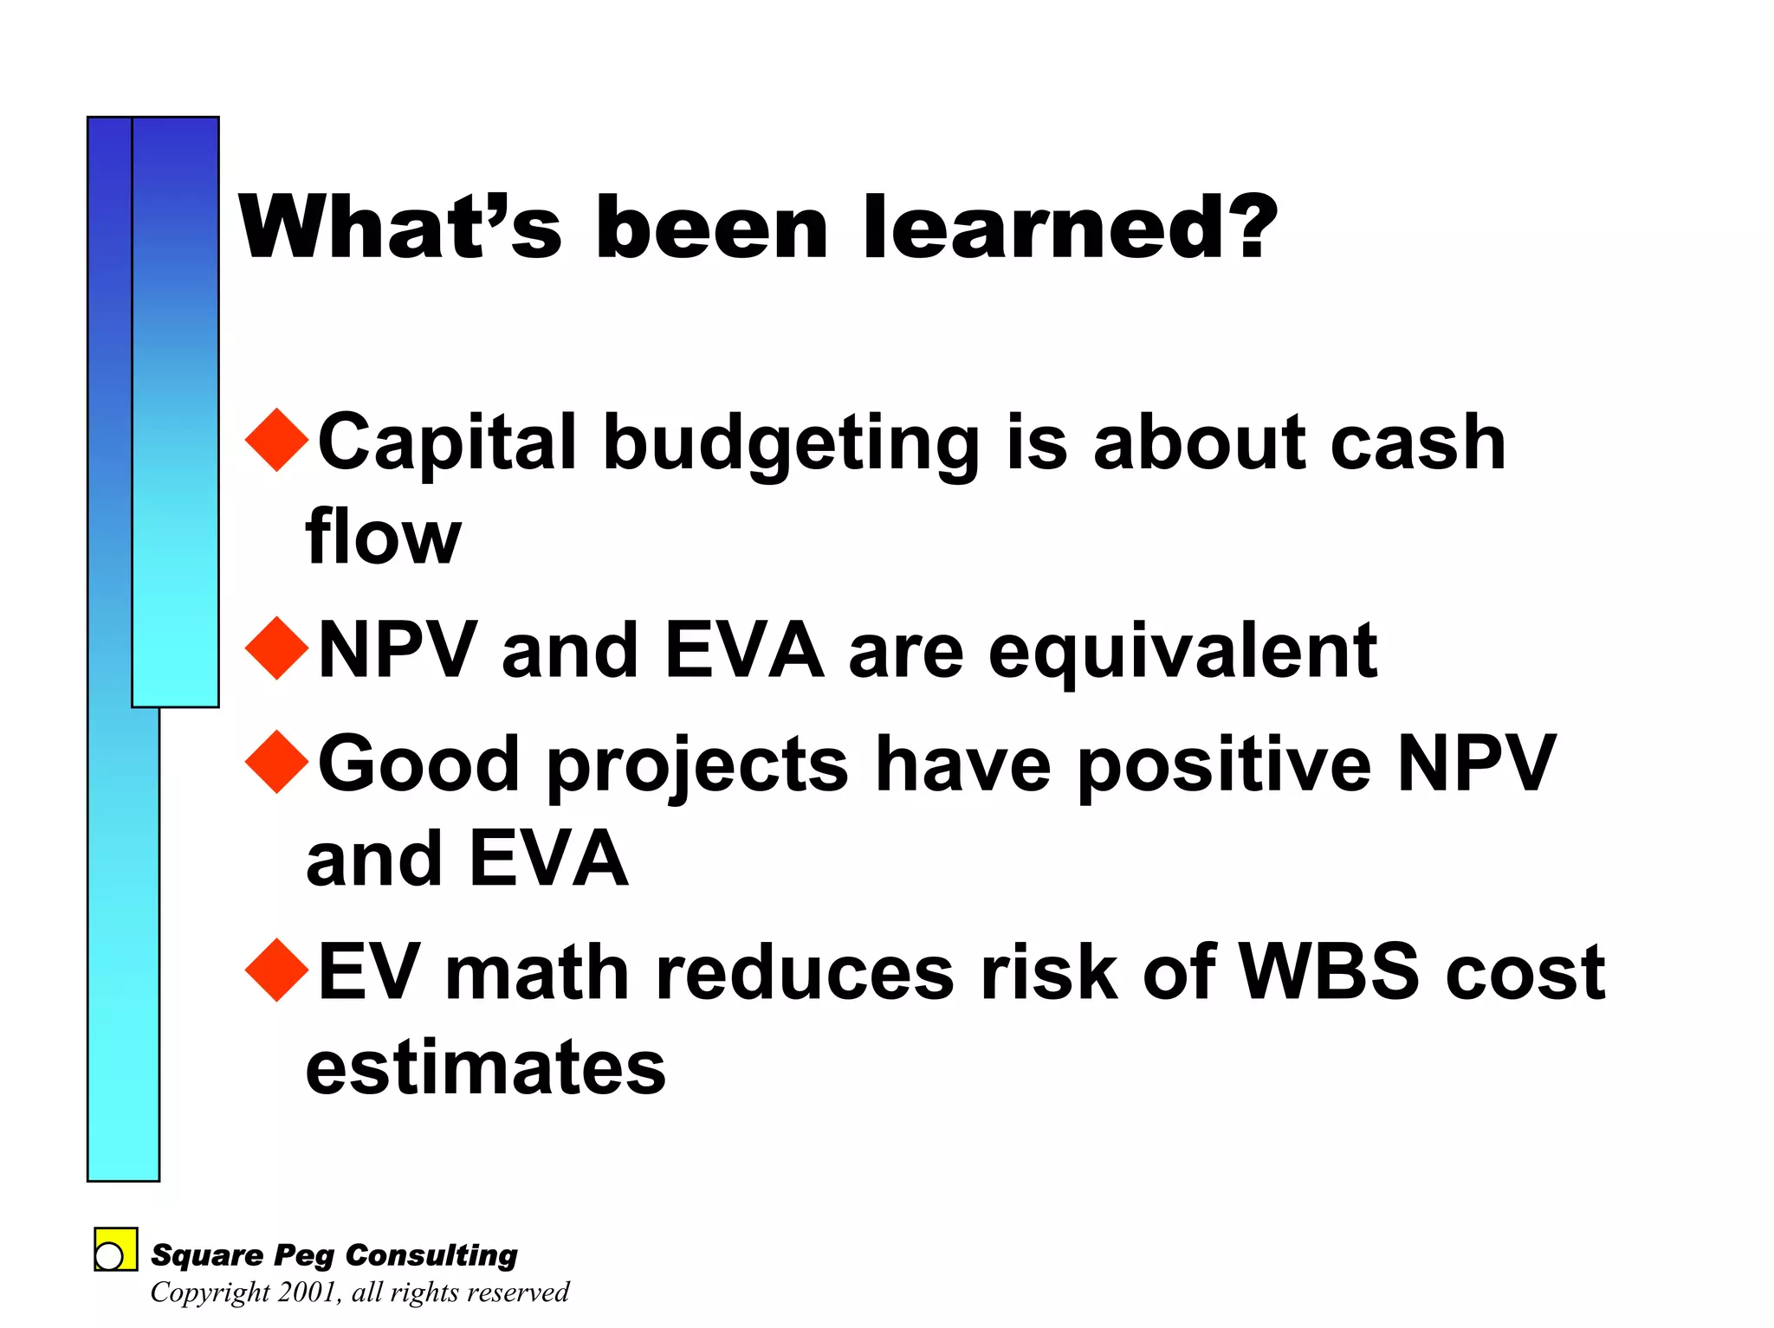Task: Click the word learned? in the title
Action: (1071, 227)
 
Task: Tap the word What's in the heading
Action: (399, 227)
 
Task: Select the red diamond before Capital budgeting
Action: (277, 440)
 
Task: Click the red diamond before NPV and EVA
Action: (277, 648)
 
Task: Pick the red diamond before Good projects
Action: (277, 762)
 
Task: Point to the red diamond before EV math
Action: (277, 970)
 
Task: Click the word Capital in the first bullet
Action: (447, 443)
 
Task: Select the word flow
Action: (383, 538)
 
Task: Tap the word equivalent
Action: (1182, 653)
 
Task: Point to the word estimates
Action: (485, 1067)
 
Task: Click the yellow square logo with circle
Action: (115, 1249)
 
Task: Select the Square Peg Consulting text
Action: (334, 1254)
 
